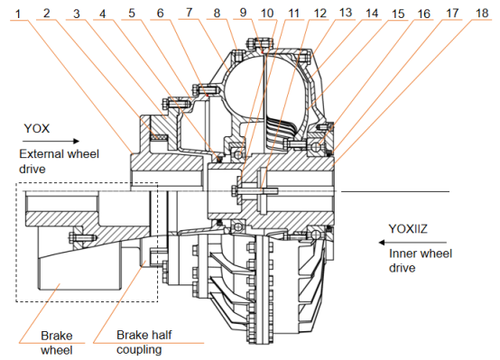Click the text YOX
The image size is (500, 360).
tap(37, 128)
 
